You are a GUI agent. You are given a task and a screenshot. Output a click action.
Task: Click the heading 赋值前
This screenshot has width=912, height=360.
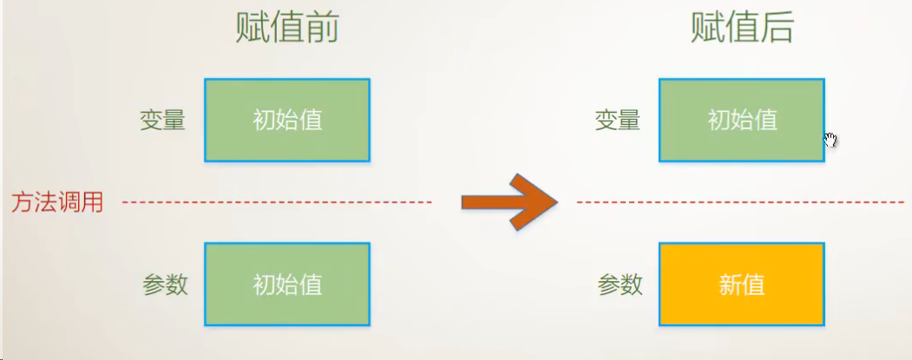pyautogui.click(x=286, y=27)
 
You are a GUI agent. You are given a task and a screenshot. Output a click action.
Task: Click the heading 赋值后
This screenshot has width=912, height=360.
pyautogui.click(x=742, y=27)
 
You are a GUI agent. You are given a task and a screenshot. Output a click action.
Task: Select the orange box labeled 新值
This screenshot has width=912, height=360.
pyautogui.click(x=742, y=285)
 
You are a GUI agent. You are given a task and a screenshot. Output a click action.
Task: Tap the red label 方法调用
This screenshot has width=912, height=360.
pyautogui.click(x=57, y=202)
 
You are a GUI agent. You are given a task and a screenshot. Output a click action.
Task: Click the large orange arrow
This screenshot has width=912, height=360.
pyautogui.click(x=509, y=202)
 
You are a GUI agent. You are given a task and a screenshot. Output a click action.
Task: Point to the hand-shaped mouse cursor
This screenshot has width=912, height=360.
pyautogui.click(x=830, y=140)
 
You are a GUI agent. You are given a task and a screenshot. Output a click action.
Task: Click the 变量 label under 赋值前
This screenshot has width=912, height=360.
pyautogui.click(x=163, y=121)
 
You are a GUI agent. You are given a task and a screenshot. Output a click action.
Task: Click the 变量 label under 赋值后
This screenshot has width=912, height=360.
pyautogui.click(x=618, y=121)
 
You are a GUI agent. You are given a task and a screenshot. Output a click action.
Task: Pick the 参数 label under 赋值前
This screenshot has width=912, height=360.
pyautogui.click(x=165, y=285)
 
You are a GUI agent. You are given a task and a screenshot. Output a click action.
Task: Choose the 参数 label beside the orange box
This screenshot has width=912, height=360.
pyautogui.click(x=620, y=285)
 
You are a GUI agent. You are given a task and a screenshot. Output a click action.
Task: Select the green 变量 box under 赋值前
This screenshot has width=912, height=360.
pyautogui.click(x=287, y=120)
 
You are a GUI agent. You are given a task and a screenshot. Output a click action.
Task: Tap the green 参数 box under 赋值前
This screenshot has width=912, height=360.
pyautogui.click(x=287, y=285)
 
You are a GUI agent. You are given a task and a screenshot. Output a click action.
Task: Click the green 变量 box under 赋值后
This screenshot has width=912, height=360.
pyautogui.click(x=742, y=120)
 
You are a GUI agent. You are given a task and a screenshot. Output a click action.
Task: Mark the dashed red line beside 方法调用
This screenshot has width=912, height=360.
pyautogui.click(x=277, y=202)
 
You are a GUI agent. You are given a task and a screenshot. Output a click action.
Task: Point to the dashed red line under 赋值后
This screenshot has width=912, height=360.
pyautogui.click(x=740, y=202)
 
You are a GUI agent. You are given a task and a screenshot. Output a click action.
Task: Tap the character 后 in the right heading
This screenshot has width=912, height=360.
pyautogui.click(x=777, y=27)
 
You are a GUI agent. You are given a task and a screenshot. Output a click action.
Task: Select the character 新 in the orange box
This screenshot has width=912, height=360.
pyautogui.click(x=730, y=285)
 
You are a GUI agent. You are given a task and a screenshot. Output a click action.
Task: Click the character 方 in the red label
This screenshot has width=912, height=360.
pyautogui.click(x=23, y=202)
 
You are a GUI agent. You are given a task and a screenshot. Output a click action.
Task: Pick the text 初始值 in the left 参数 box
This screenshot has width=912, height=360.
pyautogui.click(x=287, y=285)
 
